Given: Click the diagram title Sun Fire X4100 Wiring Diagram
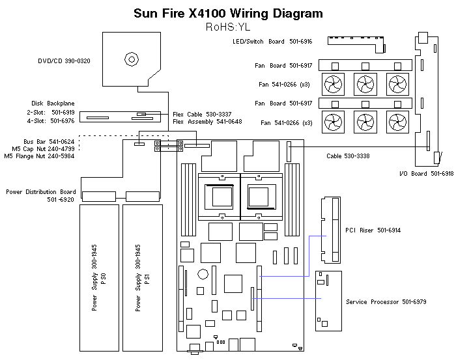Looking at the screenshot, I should tap(227, 13).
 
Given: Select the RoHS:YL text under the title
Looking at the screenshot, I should tap(227, 27).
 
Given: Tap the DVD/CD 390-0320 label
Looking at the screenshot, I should tap(64, 61).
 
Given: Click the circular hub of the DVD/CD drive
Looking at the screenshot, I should tap(132, 59).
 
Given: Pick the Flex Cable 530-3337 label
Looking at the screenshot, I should tap(207, 113).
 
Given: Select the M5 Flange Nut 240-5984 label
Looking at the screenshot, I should tap(39, 156).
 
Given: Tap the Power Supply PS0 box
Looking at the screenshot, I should tap(98, 277).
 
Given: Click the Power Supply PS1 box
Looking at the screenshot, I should tap(141, 277).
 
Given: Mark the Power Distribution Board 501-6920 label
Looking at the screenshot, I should tap(40, 196).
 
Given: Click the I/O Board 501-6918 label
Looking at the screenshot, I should tap(425, 173).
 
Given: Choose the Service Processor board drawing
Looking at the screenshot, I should tap(328, 298).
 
